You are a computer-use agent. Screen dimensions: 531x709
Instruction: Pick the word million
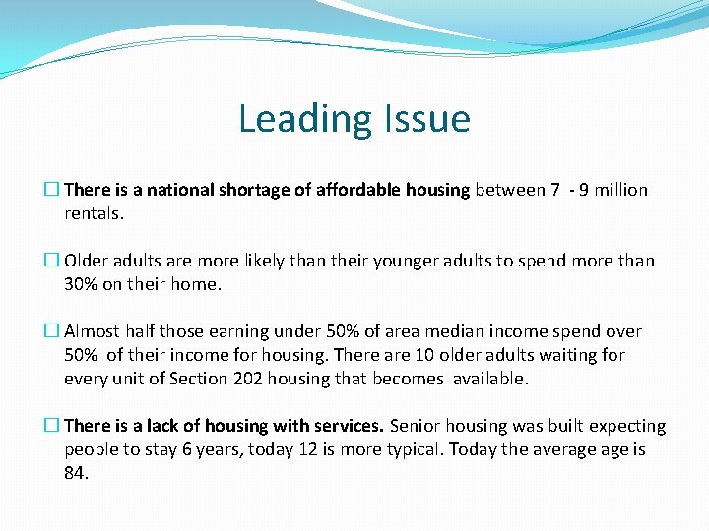click(x=617, y=190)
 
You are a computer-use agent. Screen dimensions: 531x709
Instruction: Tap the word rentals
click(x=94, y=213)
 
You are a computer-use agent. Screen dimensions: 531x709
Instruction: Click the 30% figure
click(x=82, y=284)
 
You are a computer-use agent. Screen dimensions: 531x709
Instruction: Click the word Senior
click(x=416, y=426)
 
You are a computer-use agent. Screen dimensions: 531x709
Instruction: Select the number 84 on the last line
click(x=75, y=473)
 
